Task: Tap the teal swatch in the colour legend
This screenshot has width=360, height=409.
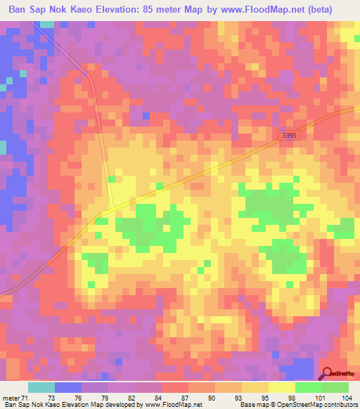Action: [41, 387]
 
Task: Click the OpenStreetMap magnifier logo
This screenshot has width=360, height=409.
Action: [328, 375]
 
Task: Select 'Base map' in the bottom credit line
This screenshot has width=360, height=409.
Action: [250, 405]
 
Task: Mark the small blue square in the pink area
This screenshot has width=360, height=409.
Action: [146, 115]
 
